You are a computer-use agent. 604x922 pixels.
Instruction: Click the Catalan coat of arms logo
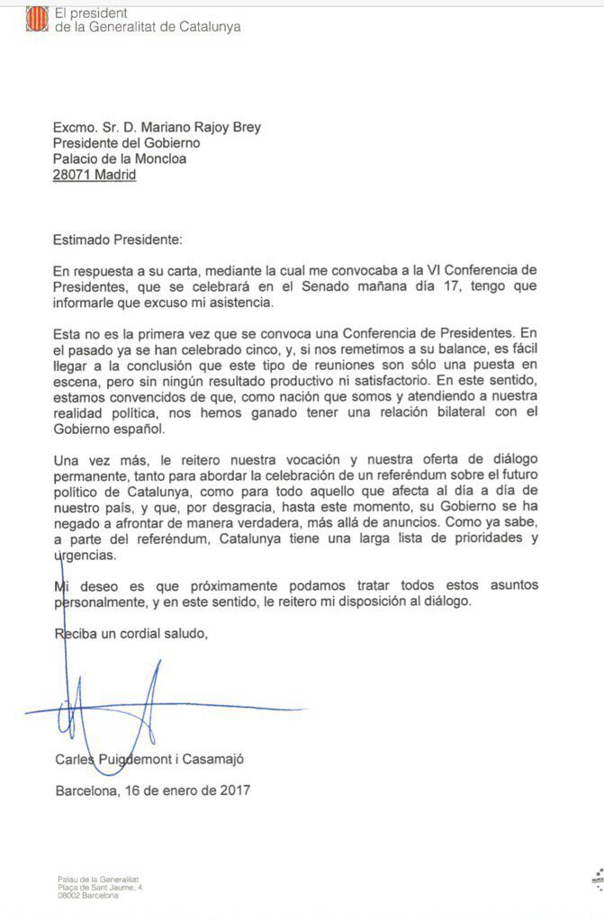[37, 19]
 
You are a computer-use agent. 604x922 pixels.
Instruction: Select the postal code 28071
[71, 176]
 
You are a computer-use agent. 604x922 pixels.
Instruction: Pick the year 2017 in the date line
[230, 791]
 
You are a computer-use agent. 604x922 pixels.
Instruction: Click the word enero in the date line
[176, 791]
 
